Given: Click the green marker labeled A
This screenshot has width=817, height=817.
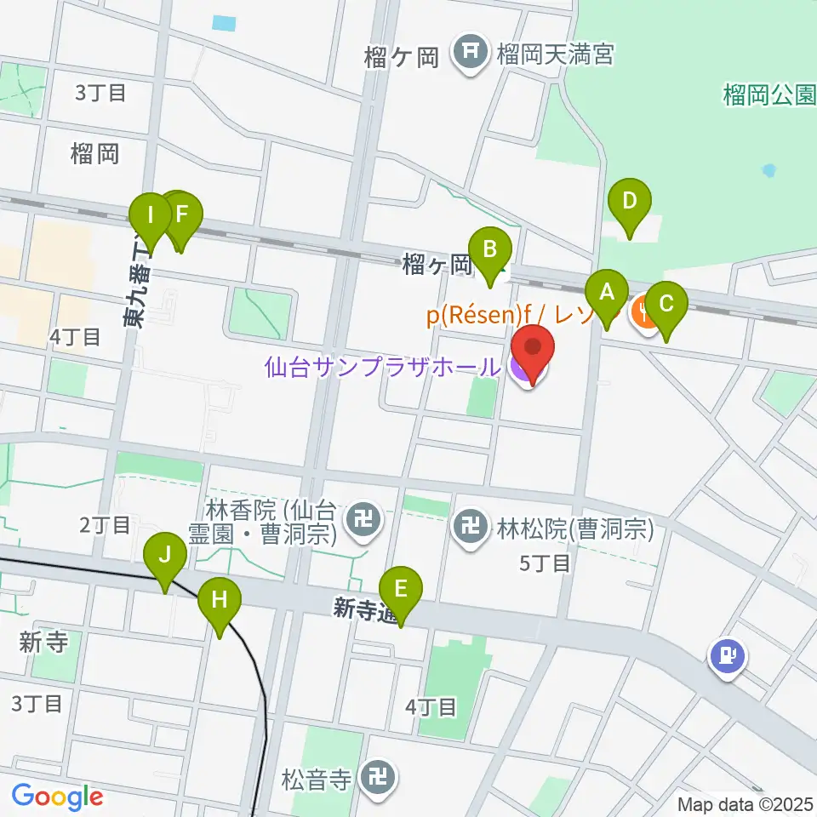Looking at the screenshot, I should click(607, 294).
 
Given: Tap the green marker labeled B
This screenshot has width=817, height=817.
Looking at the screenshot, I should click(490, 250).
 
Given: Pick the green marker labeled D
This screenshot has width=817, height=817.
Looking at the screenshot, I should click(630, 203).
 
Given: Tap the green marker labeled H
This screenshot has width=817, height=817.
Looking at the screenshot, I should click(220, 600).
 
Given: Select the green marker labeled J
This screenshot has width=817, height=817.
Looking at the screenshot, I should click(166, 557).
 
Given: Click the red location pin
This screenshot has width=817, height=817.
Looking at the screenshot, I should click(533, 349).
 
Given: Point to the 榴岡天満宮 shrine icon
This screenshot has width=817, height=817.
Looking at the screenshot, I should click(469, 54).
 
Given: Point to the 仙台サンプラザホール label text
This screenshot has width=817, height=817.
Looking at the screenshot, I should click(382, 368).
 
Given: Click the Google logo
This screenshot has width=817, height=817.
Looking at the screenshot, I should click(57, 797).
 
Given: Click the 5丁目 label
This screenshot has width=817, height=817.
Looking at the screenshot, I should click(545, 563).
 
